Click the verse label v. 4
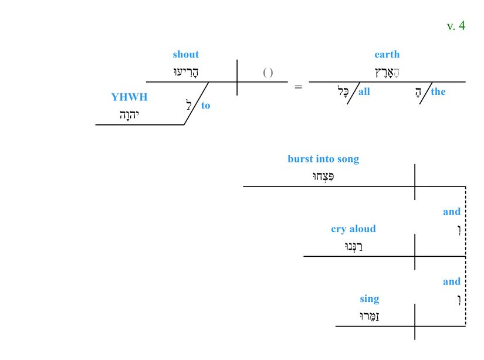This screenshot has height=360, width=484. point(455,26)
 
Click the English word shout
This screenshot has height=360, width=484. point(185,55)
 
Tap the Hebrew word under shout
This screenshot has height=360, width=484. point(187,72)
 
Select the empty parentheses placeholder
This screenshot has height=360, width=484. point(268,73)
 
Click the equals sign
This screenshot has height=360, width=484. point(298,87)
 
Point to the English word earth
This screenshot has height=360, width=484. point(387,55)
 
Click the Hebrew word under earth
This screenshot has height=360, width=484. point(387,72)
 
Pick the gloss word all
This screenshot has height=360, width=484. point(364,91)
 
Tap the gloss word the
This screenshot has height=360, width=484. point(438,91)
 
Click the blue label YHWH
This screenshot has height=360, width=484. point(129,97)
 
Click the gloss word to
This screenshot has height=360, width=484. point(205,106)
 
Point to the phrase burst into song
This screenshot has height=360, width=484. point(323,159)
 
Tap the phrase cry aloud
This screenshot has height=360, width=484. point(353,229)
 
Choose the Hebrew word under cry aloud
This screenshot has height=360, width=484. point(354,246)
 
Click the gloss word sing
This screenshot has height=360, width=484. point(370,299)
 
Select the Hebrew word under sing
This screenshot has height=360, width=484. point(370,317)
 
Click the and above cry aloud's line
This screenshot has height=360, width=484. point(451,212)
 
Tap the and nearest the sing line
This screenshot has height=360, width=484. point(451,281)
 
